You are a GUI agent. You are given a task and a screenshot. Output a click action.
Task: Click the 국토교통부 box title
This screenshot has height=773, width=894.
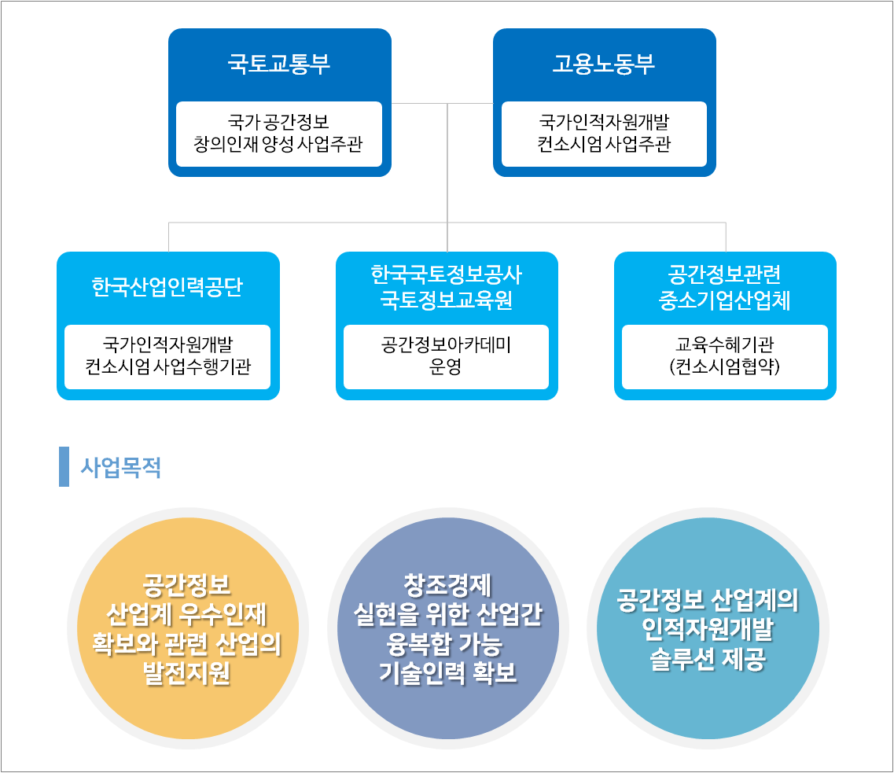point(279,63)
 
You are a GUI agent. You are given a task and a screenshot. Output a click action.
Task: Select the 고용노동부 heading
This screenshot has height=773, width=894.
point(604,63)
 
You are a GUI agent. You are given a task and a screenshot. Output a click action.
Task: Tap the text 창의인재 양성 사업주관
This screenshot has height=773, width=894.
point(278,144)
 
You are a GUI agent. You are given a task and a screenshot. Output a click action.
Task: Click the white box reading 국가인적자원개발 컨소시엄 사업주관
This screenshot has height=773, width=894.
point(604,134)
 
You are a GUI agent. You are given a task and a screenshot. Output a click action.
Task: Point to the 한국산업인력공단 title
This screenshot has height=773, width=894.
point(167,287)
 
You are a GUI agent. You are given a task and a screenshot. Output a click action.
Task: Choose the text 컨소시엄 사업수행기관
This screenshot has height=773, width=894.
point(167,366)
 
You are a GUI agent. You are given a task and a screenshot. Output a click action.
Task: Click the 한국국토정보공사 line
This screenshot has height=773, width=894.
point(447,274)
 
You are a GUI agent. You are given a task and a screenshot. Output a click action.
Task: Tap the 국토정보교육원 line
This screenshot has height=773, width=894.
point(447,300)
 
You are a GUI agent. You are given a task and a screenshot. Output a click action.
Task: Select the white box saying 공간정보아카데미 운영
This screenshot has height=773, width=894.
point(446,357)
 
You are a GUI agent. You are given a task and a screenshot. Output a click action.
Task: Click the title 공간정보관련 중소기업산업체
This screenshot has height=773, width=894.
point(725,287)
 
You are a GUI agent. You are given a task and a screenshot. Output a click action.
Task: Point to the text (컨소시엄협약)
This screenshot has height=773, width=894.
point(725,366)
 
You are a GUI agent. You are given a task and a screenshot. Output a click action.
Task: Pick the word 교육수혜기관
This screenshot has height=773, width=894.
point(725,345)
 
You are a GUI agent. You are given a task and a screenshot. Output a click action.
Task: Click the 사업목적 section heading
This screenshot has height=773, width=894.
point(121,467)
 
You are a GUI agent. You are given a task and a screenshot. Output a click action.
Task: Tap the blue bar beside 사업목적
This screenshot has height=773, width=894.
point(64,467)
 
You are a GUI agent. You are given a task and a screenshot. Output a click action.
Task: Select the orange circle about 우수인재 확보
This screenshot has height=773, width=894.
point(188,628)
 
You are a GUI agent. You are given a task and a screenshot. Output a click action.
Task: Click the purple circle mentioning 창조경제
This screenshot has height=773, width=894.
point(448,628)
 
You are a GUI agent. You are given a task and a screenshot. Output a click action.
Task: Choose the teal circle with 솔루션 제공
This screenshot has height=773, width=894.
point(708,628)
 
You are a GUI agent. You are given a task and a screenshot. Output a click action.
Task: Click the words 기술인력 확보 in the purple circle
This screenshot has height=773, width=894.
point(448,673)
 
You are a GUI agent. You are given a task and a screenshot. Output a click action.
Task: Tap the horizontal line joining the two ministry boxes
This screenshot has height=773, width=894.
point(443,103)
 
